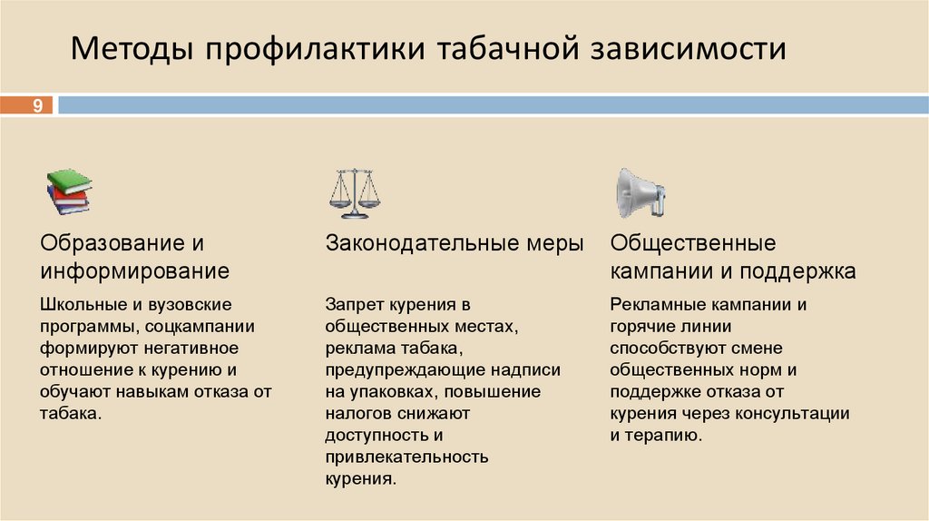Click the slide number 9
coord(38,106)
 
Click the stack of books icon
coord(69,192)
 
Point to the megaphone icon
coord(640,193)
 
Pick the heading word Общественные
coord(693,244)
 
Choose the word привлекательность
coord(407,457)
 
